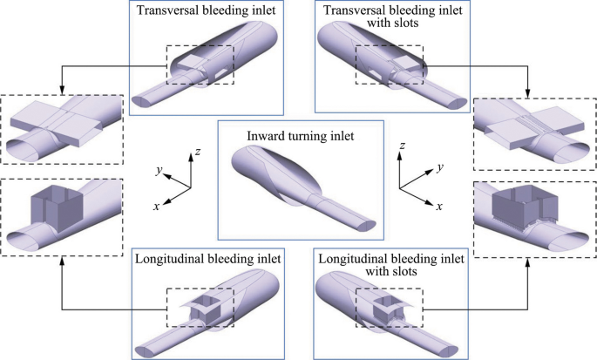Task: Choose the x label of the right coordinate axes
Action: (439, 207)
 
